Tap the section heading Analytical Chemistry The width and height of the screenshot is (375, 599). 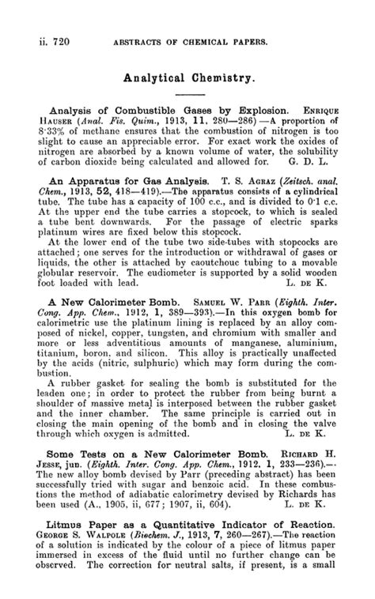(x=187, y=78)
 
